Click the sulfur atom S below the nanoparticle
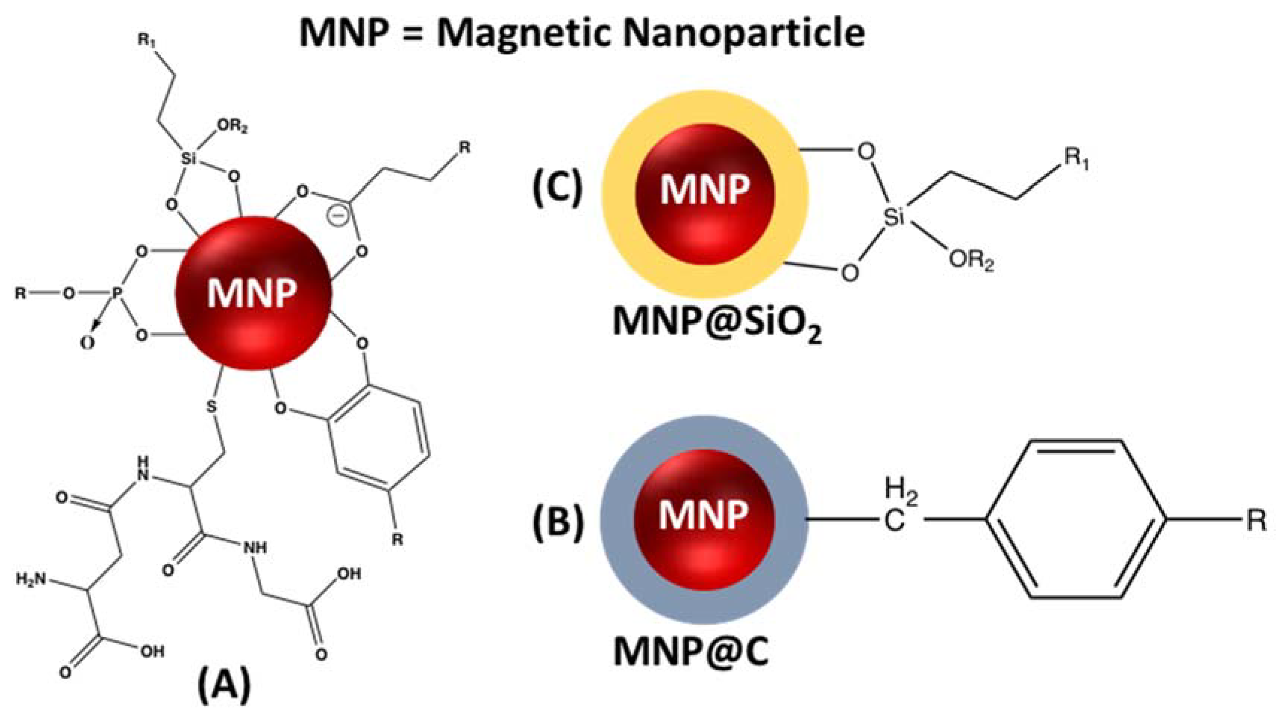212,406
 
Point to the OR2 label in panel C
971,261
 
